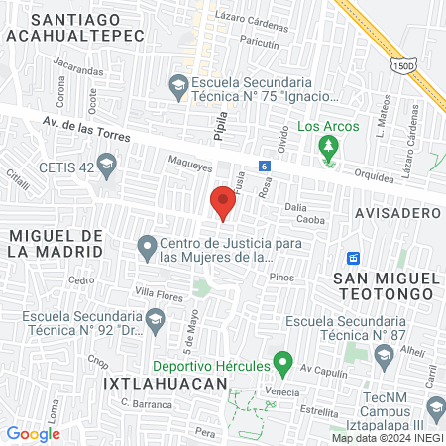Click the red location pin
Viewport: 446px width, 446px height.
point(223,203)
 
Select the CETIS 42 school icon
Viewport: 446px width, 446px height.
point(105,167)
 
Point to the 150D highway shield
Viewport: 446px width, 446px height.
point(403,64)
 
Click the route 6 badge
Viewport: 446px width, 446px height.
point(265,166)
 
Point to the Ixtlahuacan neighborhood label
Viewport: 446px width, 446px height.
point(157,381)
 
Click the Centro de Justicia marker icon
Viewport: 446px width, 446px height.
point(147,245)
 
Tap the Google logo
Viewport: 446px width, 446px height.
point(33,433)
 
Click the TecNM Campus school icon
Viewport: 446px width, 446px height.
point(435,406)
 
